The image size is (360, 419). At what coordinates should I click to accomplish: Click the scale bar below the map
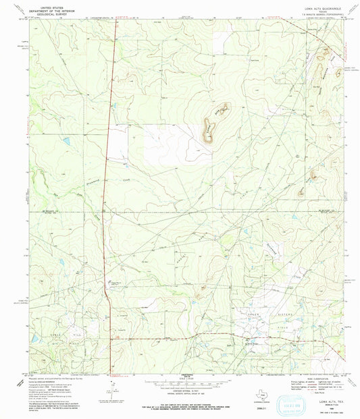[180, 382]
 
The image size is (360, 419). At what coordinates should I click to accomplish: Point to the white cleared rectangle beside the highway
[169, 145]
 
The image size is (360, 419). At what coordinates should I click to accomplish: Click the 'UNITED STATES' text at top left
[55, 5]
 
